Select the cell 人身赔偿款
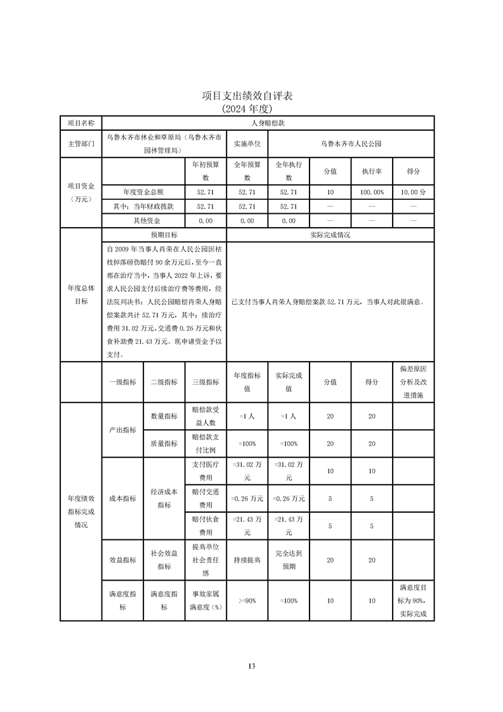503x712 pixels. point(267,123)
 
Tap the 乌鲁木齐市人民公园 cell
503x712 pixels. point(351,144)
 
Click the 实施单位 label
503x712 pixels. point(247,144)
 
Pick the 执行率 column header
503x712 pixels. point(371,171)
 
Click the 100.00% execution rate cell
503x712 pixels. point(371,192)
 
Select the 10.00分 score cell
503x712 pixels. point(413,192)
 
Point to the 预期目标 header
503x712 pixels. point(164,235)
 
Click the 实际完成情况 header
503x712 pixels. point(330,235)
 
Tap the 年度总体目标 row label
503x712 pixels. point(81,295)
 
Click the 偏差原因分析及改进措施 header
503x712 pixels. point(413,382)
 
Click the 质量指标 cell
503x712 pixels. point(164,444)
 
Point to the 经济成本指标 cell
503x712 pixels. point(164,498)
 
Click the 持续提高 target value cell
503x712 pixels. point(247,560)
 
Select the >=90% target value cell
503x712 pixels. point(247,600)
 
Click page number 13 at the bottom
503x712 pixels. point(251,666)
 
